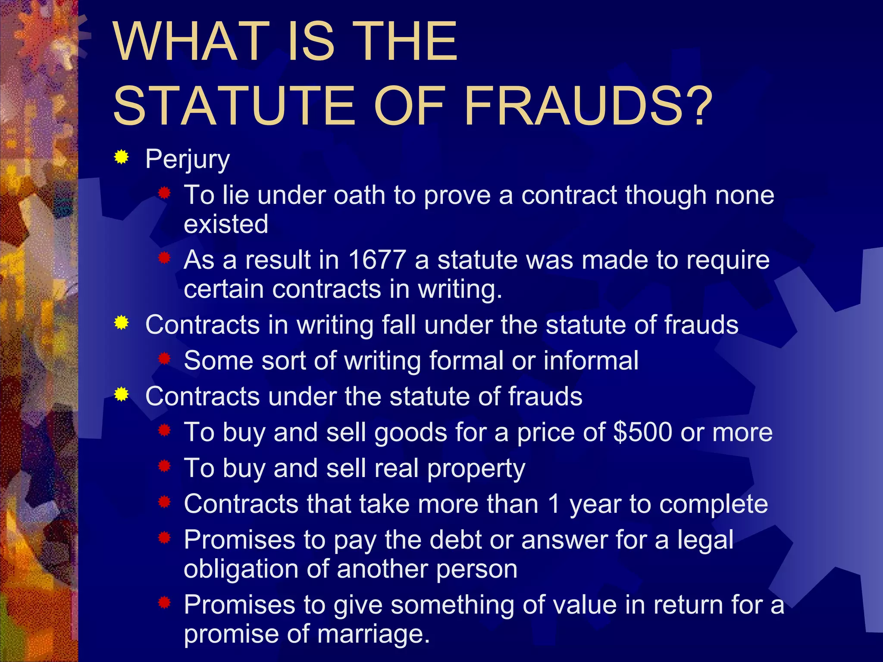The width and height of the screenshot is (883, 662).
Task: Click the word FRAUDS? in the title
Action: [x=588, y=106]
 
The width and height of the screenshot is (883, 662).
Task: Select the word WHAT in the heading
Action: [x=190, y=41]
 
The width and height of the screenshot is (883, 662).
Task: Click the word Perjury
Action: [x=188, y=159]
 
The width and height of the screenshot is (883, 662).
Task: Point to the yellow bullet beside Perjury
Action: [x=122, y=157]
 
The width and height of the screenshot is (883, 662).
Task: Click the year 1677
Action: [x=377, y=260]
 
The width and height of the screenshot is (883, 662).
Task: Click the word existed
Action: [x=226, y=224]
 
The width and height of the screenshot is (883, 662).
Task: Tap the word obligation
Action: [x=241, y=569]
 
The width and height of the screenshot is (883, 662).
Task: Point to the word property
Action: [x=476, y=469]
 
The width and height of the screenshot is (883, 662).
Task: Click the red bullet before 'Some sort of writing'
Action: [x=164, y=359]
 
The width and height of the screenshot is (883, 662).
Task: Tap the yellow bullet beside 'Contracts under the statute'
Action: [x=122, y=394]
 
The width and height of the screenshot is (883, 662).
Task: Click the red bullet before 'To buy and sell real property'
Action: [x=164, y=466]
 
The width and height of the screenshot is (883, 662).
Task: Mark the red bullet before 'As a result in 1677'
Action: [x=164, y=258]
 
